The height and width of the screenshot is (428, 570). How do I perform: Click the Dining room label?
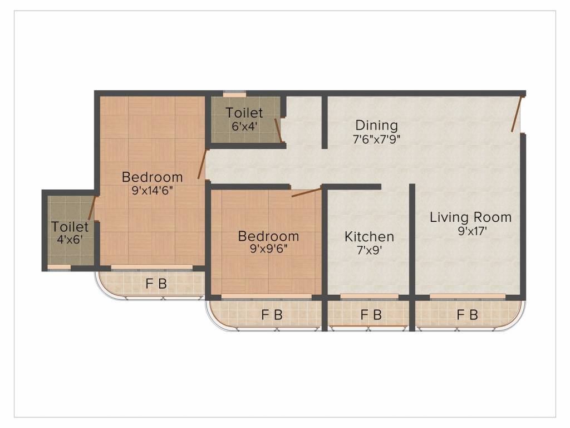[376, 125]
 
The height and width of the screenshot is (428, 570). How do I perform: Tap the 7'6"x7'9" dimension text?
[376, 139]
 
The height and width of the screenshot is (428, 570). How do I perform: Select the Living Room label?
[470, 217]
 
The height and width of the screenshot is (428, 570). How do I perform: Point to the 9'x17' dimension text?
[470, 231]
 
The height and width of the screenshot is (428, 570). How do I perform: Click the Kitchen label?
[369, 236]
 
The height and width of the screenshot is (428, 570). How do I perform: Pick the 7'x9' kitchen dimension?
[369, 250]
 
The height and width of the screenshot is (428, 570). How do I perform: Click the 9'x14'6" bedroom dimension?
[152, 191]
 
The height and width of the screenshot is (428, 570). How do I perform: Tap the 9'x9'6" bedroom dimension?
[268, 250]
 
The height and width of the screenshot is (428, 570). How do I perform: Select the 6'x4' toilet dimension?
[244, 126]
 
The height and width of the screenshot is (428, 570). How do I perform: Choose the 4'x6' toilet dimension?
[70, 240]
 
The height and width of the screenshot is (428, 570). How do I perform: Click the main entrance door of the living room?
[517, 114]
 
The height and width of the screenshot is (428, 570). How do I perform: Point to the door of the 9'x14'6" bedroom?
[203, 164]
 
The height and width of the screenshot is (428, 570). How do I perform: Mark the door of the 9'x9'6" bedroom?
[307, 193]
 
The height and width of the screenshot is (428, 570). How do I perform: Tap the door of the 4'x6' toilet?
[92, 208]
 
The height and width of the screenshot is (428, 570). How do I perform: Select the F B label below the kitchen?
[371, 315]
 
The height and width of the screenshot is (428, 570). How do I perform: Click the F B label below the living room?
[467, 315]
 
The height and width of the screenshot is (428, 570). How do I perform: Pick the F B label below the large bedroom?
[156, 284]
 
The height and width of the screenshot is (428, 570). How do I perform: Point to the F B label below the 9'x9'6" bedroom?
[272, 315]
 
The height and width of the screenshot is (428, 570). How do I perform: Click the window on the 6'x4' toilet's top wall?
[234, 94]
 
